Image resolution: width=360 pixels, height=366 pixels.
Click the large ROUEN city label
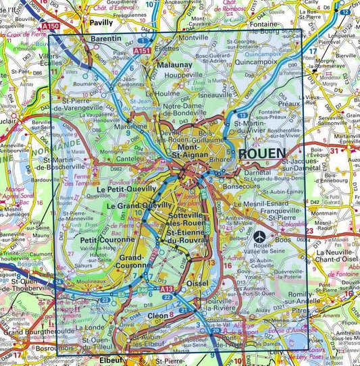262,153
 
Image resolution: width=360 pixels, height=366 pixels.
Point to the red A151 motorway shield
142,51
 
